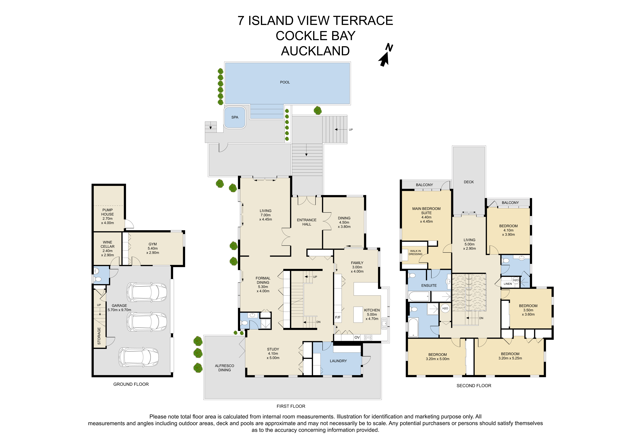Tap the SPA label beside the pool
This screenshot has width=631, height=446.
[x=235, y=117]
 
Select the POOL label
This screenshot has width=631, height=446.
[x=285, y=82]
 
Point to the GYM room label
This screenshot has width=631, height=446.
[x=153, y=244]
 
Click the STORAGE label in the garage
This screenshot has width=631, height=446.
[x=99, y=336]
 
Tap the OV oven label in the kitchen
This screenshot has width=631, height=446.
[x=357, y=337]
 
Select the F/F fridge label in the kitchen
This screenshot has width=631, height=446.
[x=338, y=317]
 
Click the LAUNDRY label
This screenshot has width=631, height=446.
[x=338, y=361]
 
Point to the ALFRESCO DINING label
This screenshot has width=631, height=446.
[x=225, y=368]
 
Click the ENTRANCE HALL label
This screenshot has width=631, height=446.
[x=307, y=222]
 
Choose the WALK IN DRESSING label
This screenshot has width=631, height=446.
[x=416, y=253]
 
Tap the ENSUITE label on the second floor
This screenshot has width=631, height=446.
[x=429, y=285]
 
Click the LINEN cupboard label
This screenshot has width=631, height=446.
[x=508, y=284]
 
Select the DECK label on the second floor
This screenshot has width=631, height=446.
[x=469, y=182]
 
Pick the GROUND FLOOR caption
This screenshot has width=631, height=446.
[x=131, y=384]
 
